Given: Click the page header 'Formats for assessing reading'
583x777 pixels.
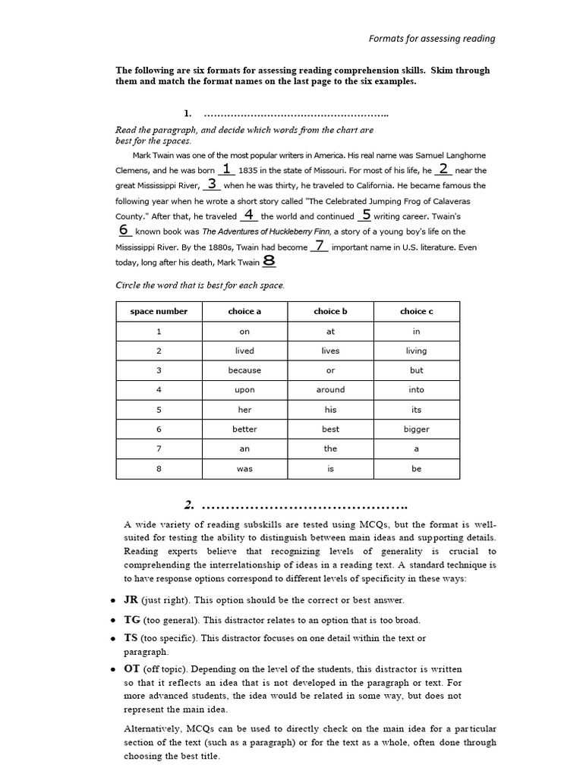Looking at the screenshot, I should click(431, 38).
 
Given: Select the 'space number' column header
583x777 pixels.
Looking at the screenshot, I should click(159, 311).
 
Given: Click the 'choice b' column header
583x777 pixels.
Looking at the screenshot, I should click(330, 311).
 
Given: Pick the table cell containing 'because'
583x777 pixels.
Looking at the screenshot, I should click(244, 370).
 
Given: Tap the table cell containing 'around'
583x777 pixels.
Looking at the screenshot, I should click(330, 390).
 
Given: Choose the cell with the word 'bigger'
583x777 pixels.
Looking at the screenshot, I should click(416, 429).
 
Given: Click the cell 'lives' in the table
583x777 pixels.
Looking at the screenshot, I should click(330, 351).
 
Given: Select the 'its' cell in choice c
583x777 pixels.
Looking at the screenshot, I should click(416, 410).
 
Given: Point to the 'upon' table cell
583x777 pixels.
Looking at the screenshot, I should click(244, 390).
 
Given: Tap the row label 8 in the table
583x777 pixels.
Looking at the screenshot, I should click(159, 469).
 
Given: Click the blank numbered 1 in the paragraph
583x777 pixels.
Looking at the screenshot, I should click(226, 169).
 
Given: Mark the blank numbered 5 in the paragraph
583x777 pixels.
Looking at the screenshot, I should click(366, 215).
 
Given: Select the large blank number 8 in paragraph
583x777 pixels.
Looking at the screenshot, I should click(269, 260).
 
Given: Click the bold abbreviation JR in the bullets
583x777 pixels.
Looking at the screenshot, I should click(131, 599).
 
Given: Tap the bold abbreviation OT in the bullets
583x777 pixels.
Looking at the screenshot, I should click(132, 668).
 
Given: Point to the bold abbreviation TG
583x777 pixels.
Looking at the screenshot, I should click(132, 620).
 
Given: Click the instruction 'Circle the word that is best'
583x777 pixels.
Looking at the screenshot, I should click(200, 285).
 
